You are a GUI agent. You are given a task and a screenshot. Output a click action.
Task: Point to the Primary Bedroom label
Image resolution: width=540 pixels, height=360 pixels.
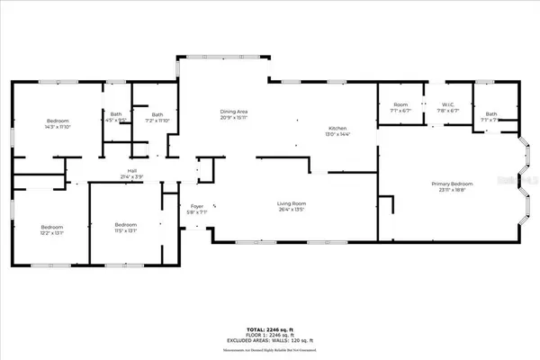(451, 184)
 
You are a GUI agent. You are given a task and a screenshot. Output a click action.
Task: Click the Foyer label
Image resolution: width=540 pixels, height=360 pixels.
(197, 207)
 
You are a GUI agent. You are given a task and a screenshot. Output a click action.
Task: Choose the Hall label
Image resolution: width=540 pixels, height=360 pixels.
(131, 170)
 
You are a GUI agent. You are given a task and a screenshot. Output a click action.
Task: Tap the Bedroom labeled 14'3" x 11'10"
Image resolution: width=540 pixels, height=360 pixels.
(58, 121)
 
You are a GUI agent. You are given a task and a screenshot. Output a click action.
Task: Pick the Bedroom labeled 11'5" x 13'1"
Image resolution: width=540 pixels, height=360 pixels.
(124, 224)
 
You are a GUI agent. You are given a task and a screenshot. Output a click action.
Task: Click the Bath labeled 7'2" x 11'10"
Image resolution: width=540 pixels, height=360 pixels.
(157, 113)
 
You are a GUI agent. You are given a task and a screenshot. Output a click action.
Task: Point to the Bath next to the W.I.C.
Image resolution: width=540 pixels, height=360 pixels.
(490, 113)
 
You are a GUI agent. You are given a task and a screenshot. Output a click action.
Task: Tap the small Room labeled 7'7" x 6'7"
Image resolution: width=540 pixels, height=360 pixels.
(400, 105)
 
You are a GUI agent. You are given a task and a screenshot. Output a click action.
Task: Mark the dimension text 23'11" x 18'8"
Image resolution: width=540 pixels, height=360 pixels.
(451, 191)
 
